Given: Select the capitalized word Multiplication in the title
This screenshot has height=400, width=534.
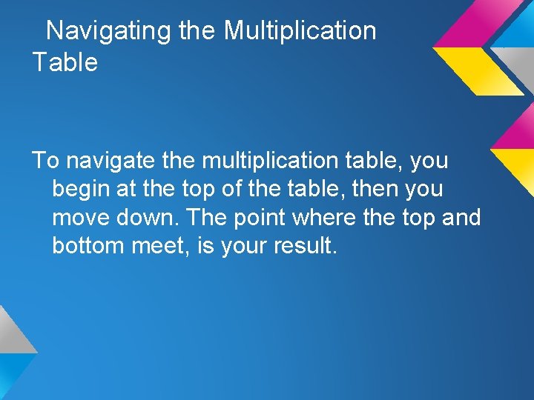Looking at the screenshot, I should click(300, 31).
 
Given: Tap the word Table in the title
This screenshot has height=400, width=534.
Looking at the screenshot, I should click(65, 62).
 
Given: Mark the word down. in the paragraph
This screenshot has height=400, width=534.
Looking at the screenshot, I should click(157, 218).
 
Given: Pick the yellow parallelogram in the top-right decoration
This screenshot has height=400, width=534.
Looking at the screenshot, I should click(474, 70).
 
